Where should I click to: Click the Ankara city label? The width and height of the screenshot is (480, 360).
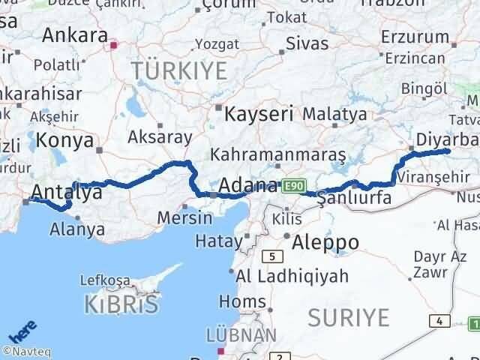click(x=75, y=34)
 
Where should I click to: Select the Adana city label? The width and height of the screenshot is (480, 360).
click(x=248, y=184)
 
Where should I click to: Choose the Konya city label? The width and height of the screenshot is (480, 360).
click(x=66, y=140)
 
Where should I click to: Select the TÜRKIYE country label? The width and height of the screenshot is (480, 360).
click(x=179, y=71)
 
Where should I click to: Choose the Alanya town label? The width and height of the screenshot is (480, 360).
click(x=76, y=229)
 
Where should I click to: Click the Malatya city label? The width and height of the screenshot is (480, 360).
click(x=334, y=115)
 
